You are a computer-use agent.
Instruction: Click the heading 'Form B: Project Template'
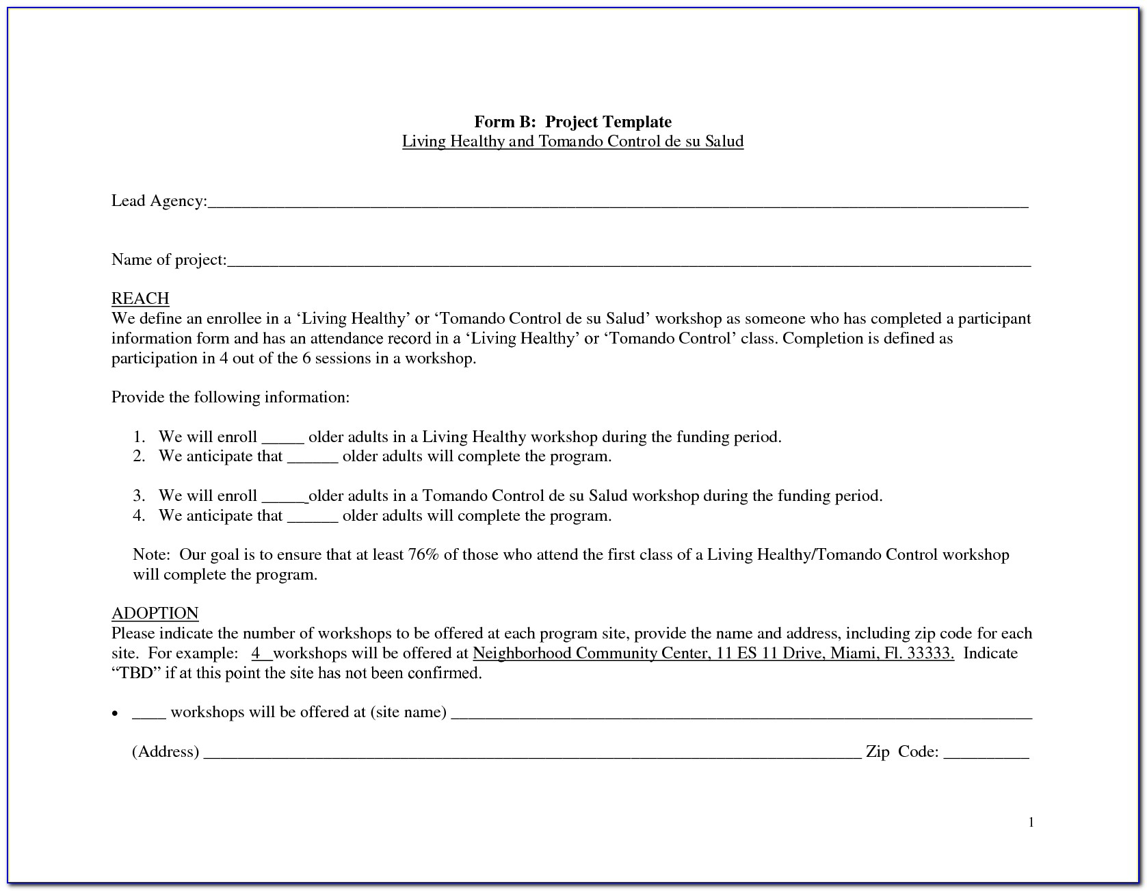[x=572, y=122]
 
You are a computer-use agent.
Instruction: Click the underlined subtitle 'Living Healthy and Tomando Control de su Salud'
[x=572, y=142]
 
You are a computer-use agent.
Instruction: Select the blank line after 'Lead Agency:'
[x=618, y=203]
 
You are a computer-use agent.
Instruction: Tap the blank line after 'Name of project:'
[x=629, y=261]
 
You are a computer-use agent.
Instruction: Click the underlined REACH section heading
[x=140, y=298]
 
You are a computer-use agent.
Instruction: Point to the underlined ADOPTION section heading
[x=155, y=613]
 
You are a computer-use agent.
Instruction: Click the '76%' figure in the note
[x=423, y=554]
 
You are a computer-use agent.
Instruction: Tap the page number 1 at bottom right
[x=1031, y=823]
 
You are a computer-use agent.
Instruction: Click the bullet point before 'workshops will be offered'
[x=116, y=713]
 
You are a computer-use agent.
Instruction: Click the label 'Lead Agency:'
[x=159, y=201]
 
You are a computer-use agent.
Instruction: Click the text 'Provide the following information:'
[x=230, y=398]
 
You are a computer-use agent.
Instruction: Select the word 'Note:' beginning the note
[x=151, y=554]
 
